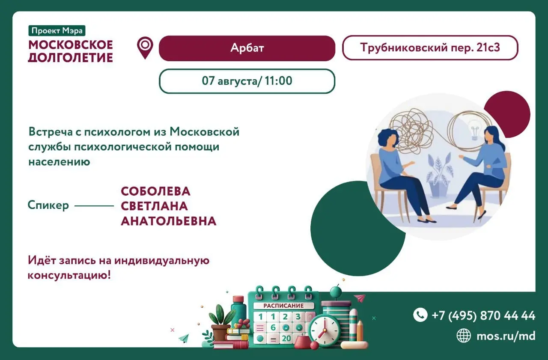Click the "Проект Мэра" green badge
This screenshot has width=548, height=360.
57,30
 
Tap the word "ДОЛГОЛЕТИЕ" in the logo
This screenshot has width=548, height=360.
71,58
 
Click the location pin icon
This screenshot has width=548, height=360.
145,48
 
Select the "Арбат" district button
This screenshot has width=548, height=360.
247,48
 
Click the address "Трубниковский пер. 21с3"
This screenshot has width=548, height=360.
430,48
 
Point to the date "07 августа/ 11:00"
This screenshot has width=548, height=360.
247,81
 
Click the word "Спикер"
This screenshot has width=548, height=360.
48,205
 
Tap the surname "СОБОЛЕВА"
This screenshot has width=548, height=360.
155,191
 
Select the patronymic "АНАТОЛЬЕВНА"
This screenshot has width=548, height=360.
169,221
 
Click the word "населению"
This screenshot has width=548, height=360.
59,162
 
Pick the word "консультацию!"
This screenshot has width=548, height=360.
69,276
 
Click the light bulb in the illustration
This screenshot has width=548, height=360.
475,130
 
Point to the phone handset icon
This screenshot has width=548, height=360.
420,315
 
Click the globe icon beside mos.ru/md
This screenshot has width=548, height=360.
464,336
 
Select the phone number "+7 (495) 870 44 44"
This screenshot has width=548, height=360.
483,315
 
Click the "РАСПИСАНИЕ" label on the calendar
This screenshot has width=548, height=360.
283,306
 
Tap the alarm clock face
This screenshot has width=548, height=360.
325,330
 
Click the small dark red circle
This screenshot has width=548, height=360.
507,114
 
